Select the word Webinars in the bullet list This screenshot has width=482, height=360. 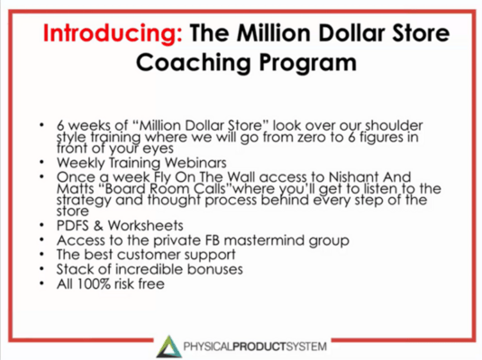(x=223, y=162)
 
